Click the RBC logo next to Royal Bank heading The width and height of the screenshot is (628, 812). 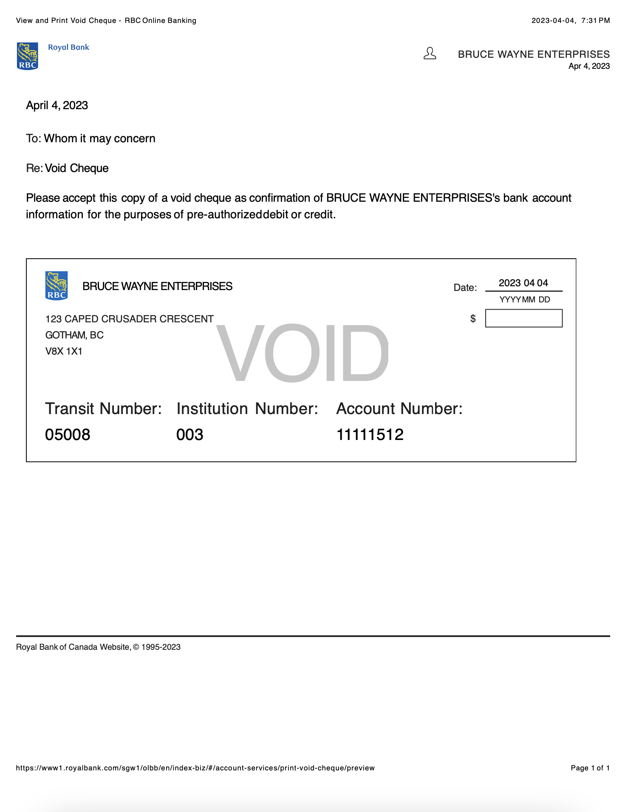click(28, 56)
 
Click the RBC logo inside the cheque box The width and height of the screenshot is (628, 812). click(57, 286)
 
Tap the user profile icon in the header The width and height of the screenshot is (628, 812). click(430, 54)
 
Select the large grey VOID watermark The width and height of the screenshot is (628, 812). click(302, 352)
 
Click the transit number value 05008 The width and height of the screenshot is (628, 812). click(68, 434)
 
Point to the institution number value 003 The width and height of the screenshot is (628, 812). click(190, 434)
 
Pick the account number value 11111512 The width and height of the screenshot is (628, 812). click(370, 434)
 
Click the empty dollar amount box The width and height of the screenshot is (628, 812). click(523, 318)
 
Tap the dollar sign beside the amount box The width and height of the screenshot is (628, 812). click(472, 319)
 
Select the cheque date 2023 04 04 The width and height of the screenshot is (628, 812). click(523, 283)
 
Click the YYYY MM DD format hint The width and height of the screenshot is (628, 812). click(524, 299)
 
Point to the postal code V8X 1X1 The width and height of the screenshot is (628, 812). click(64, 351)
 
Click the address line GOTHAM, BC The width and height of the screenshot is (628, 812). click(74, 335)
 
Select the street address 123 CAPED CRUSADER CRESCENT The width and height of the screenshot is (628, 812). click(129, 319)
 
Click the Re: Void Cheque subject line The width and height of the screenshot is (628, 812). click(67, 168)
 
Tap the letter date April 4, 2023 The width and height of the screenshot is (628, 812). click(57, 105)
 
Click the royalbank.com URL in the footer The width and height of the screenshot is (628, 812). click(195, 768)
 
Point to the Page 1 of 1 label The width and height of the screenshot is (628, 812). click(590, 768)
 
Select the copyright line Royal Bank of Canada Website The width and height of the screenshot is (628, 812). click(98, 647)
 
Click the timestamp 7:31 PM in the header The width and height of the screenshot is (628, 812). click(595, 20)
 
